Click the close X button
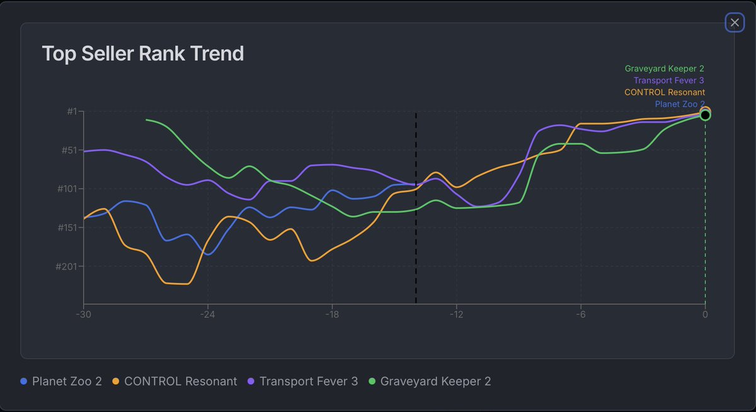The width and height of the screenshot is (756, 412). click(x=735, y=23)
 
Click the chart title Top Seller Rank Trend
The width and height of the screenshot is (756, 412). click(x=143, y=54)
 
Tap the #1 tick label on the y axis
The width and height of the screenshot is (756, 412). click(x=72, y=111)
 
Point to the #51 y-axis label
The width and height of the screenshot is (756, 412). click(x=69, y=150)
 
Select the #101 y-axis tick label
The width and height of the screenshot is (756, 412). click(x=67, y=189)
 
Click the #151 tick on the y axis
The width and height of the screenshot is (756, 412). click(x=67, y=228)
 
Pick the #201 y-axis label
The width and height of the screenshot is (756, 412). click(x=67, y=266)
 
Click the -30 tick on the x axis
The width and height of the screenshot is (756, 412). click(x=83, y=314)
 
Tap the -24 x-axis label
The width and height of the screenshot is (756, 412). click(x=207, y=314)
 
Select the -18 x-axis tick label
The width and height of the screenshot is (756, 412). click(x=332, y=314)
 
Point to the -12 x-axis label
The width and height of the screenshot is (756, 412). click(x=456, y=314)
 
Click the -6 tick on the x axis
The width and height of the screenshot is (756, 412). click(x=580, y=314)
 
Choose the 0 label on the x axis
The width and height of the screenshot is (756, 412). click(x=705, y=314)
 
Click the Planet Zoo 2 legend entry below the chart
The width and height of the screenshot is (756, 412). click(x=61, y=381)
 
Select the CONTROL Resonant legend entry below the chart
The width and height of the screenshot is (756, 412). click(x=175, y=381)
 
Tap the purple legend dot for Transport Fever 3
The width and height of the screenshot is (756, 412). click(x=251, y=381)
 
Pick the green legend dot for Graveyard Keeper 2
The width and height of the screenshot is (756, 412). click(x=372, y=381)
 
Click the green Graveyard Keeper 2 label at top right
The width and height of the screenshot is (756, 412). click(x=664, y=69)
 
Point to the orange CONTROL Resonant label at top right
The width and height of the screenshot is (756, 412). click(x=665, y=92)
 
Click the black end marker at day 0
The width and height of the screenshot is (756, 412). click(x=705, y=115)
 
